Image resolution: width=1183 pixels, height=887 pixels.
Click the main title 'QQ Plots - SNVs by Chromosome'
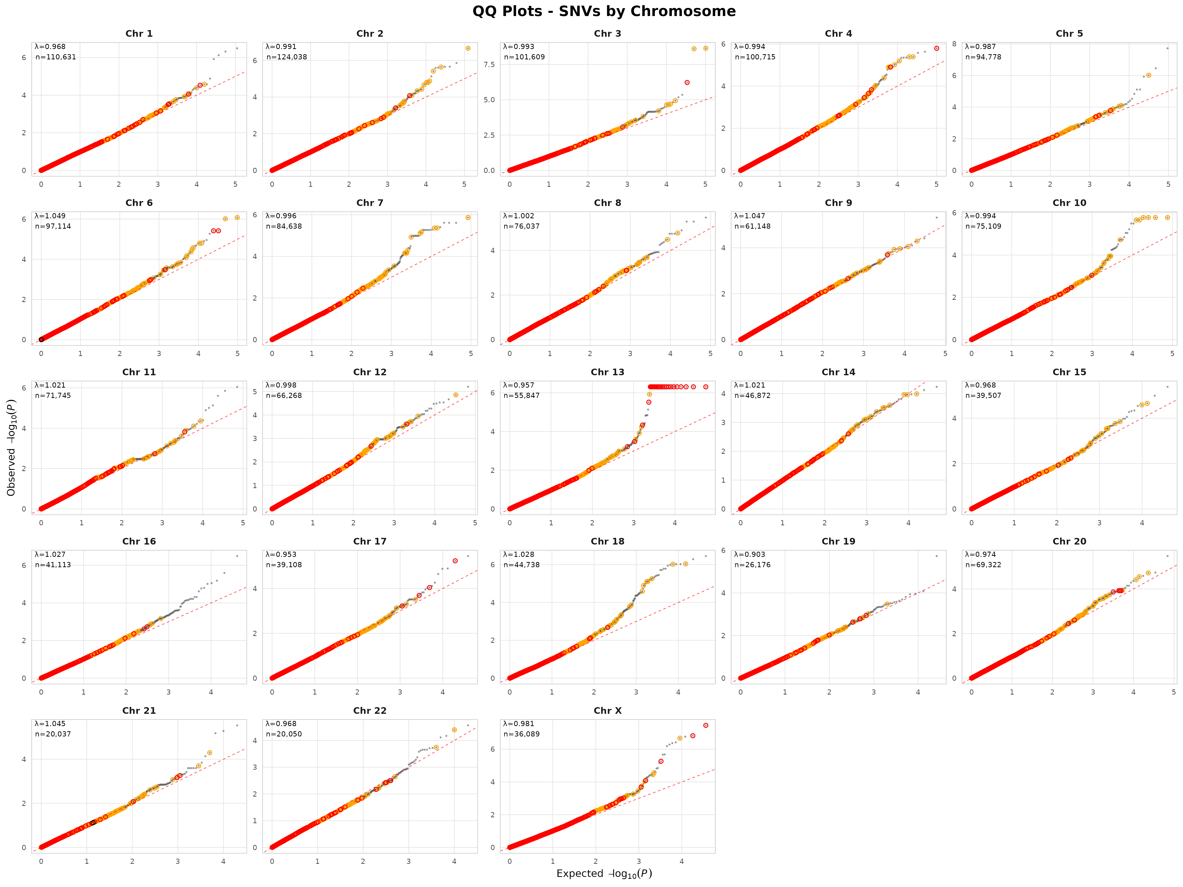click(x=604, y=11)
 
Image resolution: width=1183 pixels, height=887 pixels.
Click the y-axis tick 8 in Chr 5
click(x=954, y=44)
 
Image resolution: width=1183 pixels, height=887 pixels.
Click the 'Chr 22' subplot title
click(x=369, y=711)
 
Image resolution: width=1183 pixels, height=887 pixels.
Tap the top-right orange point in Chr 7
click(x=468, y=218)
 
